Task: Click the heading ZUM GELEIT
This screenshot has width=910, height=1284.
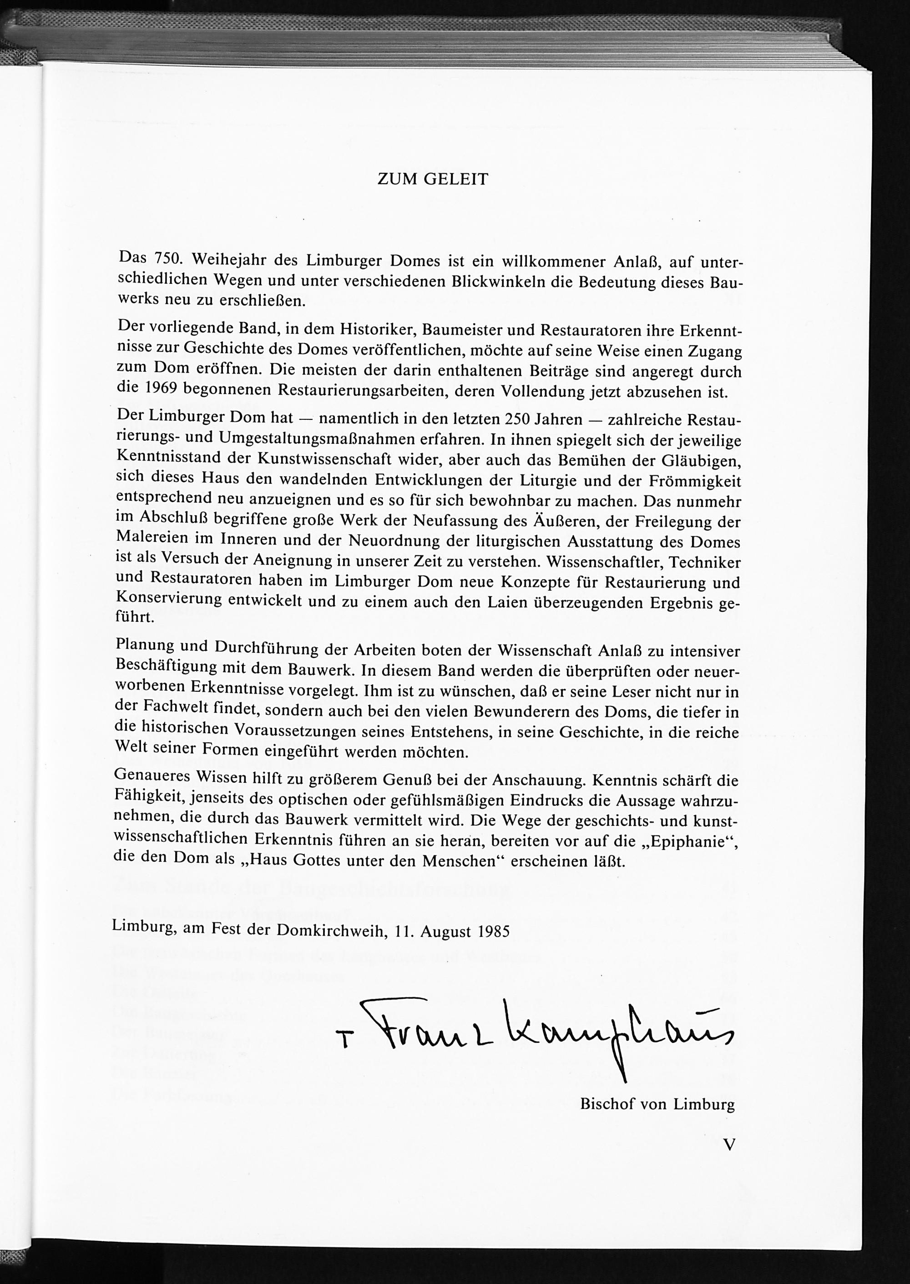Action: point(433,179)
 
